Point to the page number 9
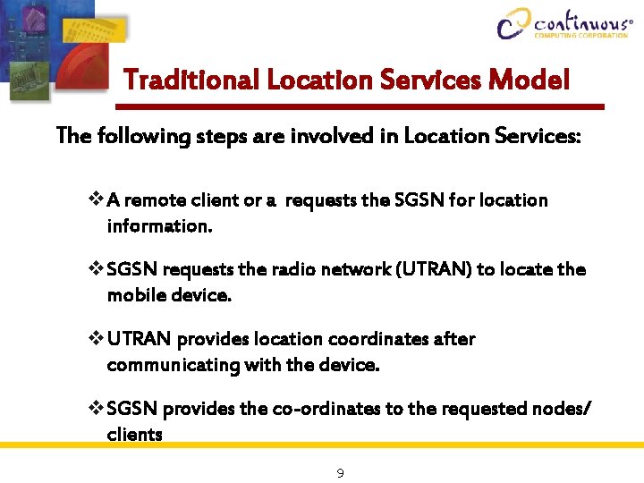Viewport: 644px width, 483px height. (x=340, y=472)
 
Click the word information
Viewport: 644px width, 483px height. (x=159, y=226)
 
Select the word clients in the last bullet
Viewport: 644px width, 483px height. (x=134, y=435)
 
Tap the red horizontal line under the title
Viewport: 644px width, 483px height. (x=358, y=106)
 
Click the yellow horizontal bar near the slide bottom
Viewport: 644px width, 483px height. (x=322, y=445)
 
